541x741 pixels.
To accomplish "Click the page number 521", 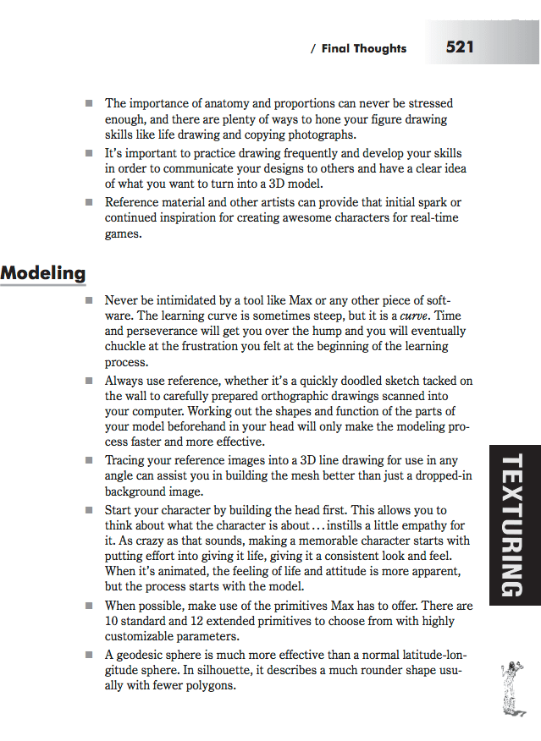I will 460,47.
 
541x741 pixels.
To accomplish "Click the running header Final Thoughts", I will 364,49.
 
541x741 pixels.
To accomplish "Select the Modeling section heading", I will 43,273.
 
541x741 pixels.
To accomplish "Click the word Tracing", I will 125,460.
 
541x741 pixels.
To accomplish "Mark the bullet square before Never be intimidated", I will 89,300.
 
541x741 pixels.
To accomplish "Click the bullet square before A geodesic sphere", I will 89,655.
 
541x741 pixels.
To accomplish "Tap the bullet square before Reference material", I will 89,202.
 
